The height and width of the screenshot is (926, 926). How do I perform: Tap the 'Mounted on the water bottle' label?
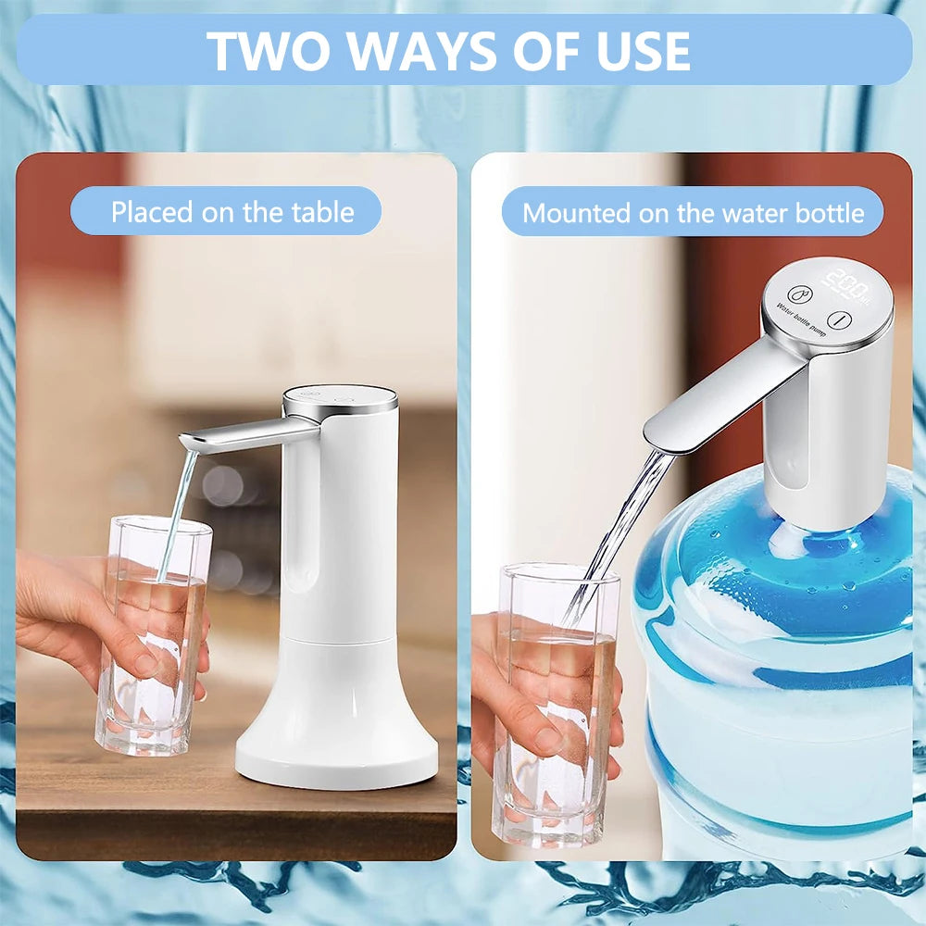coord(693,213)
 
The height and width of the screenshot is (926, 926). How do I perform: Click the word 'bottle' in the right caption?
coord(830,213)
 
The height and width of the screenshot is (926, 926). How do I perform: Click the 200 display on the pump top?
coord(845,279)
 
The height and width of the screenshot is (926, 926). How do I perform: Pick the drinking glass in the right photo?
coord(556,704)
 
